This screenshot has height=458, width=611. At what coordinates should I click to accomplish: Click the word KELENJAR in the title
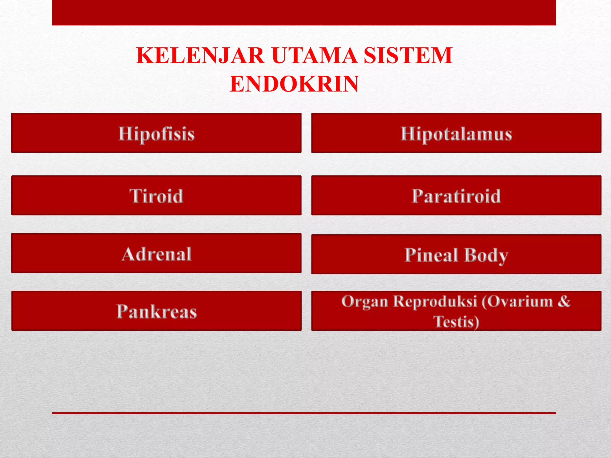(x=200, y=56)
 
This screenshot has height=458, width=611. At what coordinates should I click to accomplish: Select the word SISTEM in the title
(x=408, y=56)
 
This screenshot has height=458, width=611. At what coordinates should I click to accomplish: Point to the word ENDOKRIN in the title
(x=294, y=84)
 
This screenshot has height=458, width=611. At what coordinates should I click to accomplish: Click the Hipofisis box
(x=156, y=133)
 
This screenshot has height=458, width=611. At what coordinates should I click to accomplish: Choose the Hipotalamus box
(x=456, y=133)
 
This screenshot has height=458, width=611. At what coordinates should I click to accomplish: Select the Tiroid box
(x=156, y=196)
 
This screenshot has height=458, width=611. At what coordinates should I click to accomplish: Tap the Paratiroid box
(x=456, y=196)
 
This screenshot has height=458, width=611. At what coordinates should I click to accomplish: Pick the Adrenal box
(x=156, y=253)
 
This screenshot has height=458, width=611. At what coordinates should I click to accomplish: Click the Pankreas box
(x=156, y=311)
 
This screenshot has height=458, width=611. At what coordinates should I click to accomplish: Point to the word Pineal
(x=431, y=255)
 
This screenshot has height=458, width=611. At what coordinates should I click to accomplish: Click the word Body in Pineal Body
(x=486, y=256)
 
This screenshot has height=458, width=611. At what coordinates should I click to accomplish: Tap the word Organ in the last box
(x=365, y=302)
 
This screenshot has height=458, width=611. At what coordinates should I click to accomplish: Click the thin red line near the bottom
(x=304, y=413)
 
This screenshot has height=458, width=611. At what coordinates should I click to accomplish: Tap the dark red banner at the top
(x=304, y=13)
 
